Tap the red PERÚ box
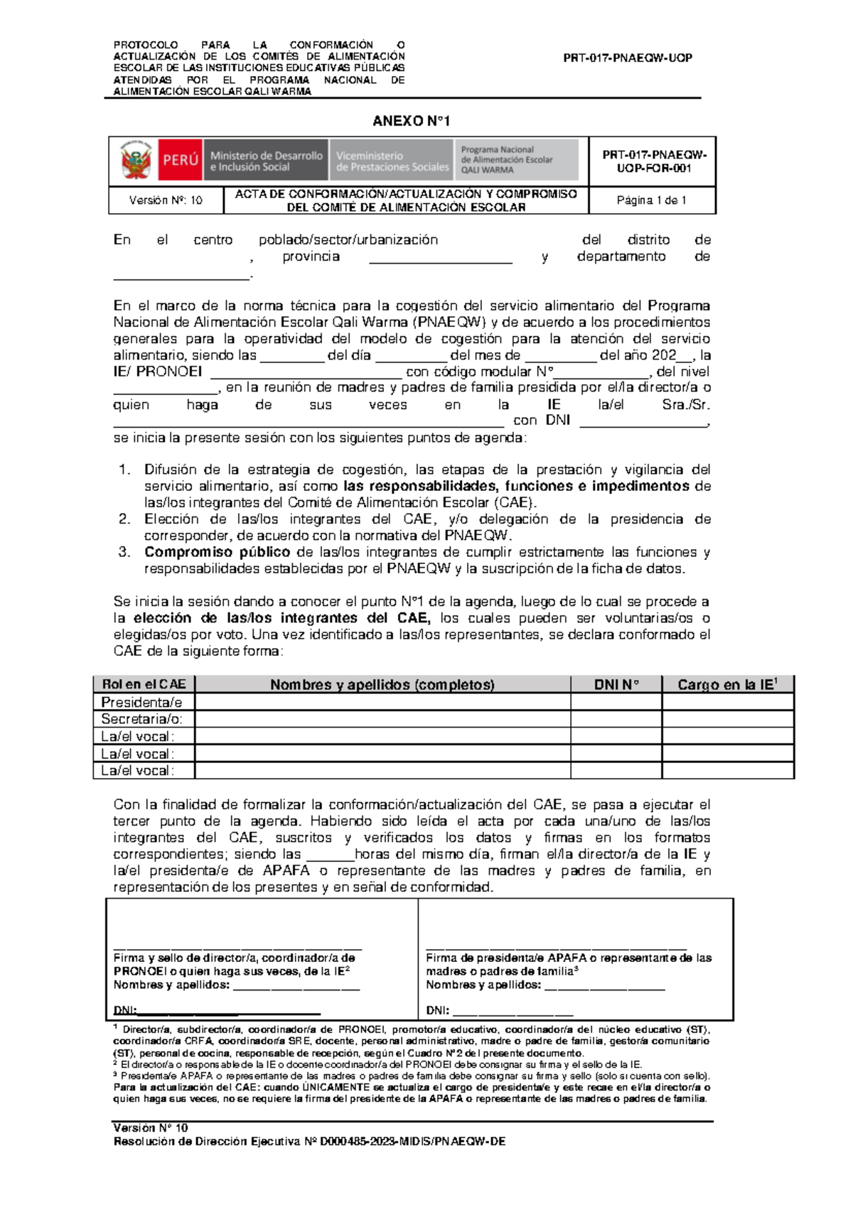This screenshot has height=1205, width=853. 181,161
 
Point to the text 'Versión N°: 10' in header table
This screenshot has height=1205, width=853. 166,200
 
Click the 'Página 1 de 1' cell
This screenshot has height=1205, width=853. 651,200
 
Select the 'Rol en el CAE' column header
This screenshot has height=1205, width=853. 144,684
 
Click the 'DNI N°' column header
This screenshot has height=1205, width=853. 616,684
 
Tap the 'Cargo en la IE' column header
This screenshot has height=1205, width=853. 726,684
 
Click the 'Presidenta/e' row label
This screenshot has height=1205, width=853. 141,702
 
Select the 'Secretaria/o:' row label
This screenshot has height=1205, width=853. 141,719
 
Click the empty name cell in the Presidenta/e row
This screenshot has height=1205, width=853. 382,702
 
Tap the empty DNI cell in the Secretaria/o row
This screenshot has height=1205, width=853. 616,719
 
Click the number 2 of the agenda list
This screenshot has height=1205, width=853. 124,519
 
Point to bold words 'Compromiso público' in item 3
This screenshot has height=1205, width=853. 217,552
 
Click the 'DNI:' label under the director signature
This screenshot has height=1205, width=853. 125,1010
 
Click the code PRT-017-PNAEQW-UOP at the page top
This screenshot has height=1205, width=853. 627,58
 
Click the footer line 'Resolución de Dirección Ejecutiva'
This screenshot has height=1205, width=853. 309,1142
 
